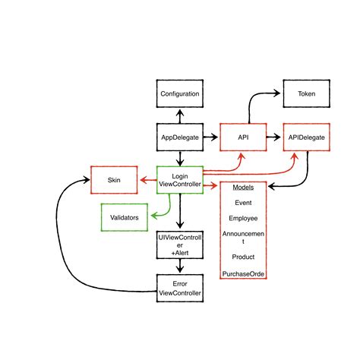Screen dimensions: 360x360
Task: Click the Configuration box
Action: coord(180,94)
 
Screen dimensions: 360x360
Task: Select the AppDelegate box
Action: coord(180,137)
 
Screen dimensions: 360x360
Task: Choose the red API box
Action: coord(243,137)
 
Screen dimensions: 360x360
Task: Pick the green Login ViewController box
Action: coord(180,181)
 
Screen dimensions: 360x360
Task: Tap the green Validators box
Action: coord(125,217)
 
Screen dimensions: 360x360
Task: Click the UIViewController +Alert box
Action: coord(180,245)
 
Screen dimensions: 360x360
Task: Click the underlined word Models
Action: coord(243,188)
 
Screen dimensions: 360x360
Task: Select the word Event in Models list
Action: coord(243,203)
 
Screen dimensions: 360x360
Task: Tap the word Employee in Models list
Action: coord(243,218)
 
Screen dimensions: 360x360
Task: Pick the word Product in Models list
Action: coord(243,257)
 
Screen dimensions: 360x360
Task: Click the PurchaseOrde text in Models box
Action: coord(243,273)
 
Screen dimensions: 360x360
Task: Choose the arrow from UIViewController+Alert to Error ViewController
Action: coord(180,267)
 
